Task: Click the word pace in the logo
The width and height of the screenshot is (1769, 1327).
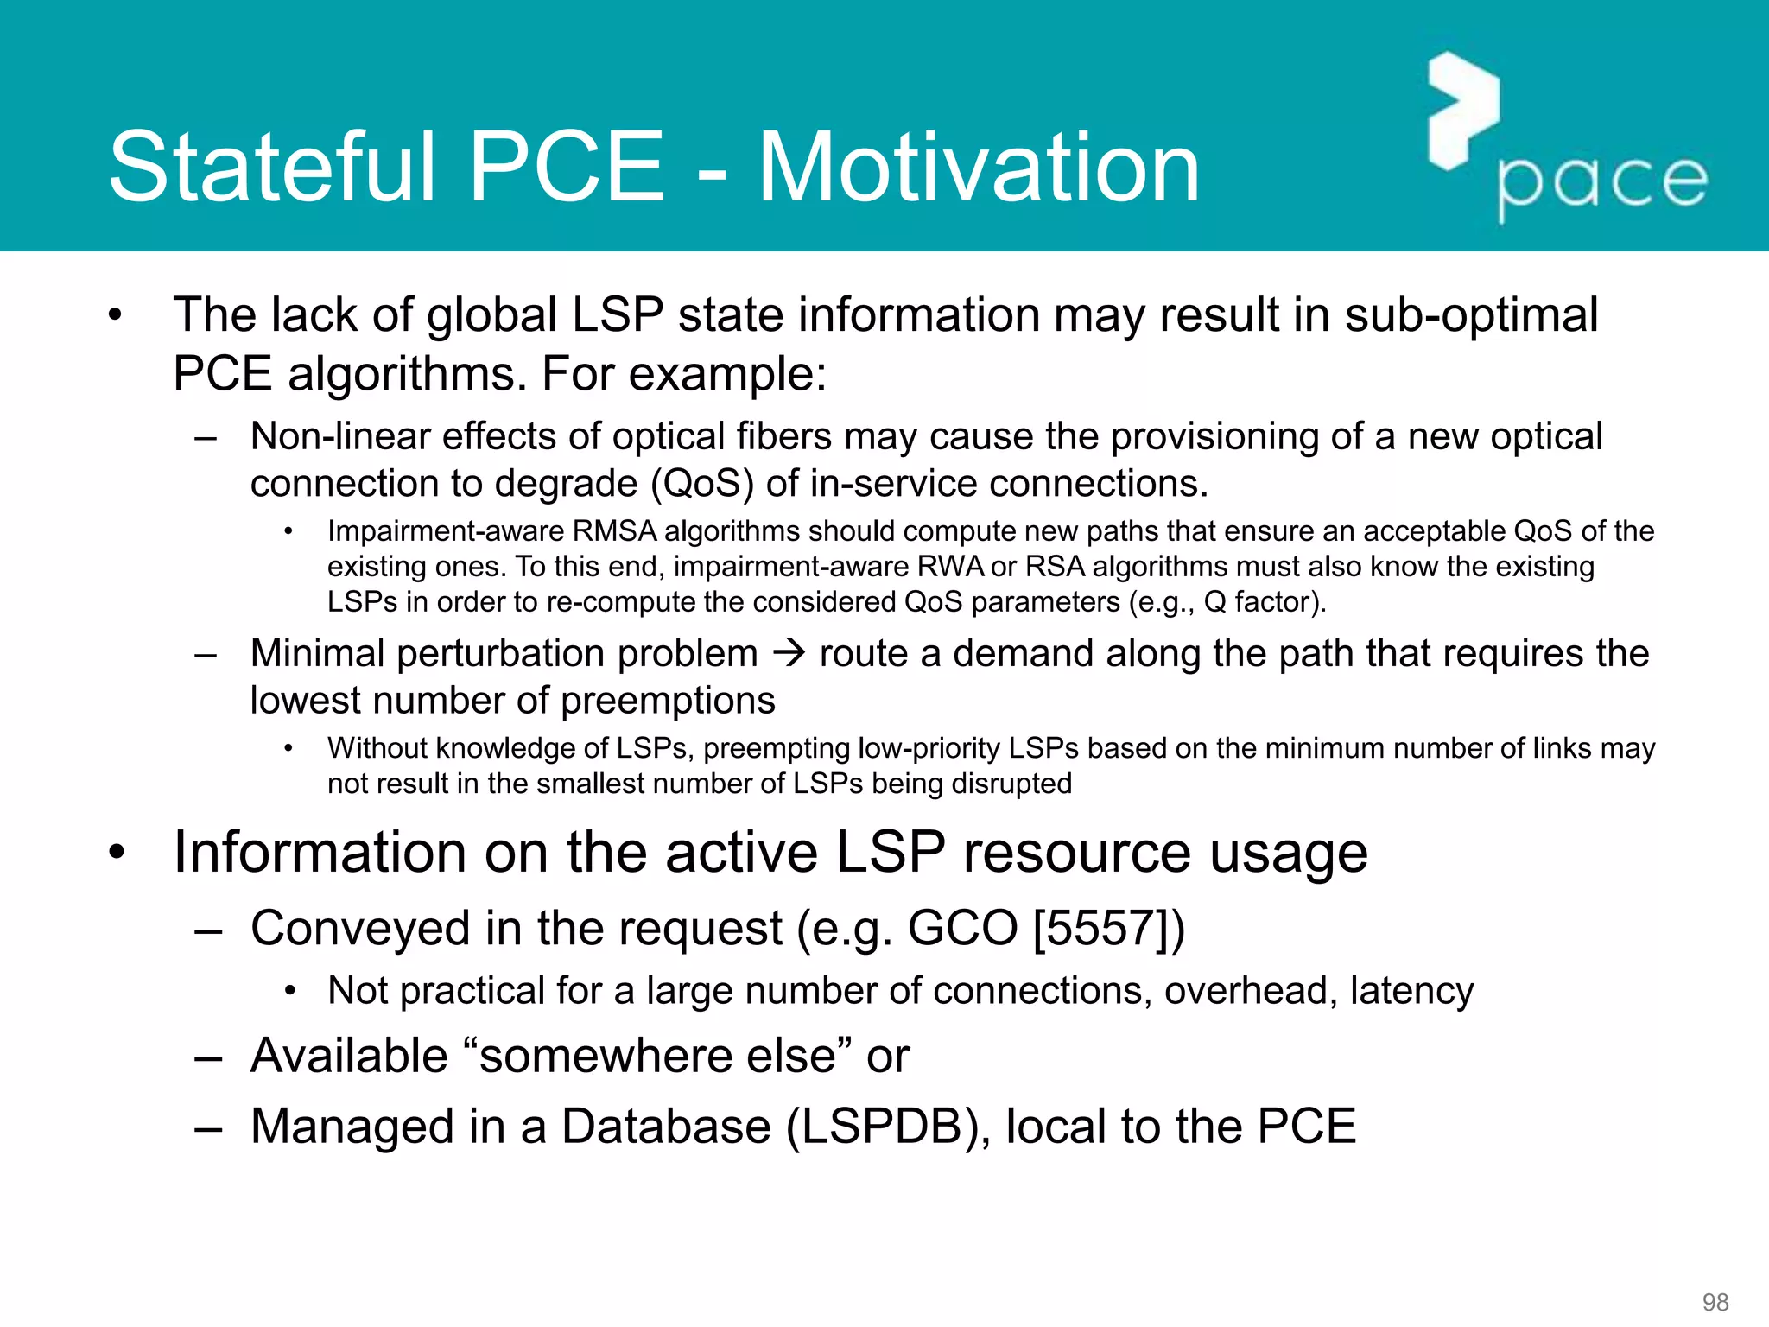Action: click(x=1603, y=183)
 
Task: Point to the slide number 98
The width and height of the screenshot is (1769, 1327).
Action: click(x=1715, y=1302)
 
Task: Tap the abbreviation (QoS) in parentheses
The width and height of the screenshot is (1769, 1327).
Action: click(x=701, y=484)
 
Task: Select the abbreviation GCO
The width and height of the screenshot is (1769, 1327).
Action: click(x=962, y=930)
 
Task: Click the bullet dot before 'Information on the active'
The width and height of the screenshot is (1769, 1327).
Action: click(x=117, y=853)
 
